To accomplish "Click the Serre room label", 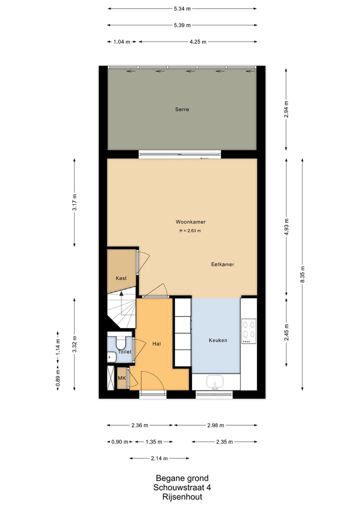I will coord(182,109).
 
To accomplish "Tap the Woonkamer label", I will coord(190,222).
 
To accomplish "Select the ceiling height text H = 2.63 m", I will coord(190,231).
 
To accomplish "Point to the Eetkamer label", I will coord(222,265).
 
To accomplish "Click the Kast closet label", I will coord(121,278).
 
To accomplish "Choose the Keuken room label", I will coord(217,340).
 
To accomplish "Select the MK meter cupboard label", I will coord(121,379).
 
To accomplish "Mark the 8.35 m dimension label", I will coord(302,274).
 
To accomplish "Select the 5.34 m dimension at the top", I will coord(182,8).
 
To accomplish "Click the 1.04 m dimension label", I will coord(119,42).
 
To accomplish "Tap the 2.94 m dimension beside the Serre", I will coord(286,108).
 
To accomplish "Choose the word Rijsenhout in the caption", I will coord(182,497).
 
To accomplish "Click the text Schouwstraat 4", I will coord(182,488).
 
